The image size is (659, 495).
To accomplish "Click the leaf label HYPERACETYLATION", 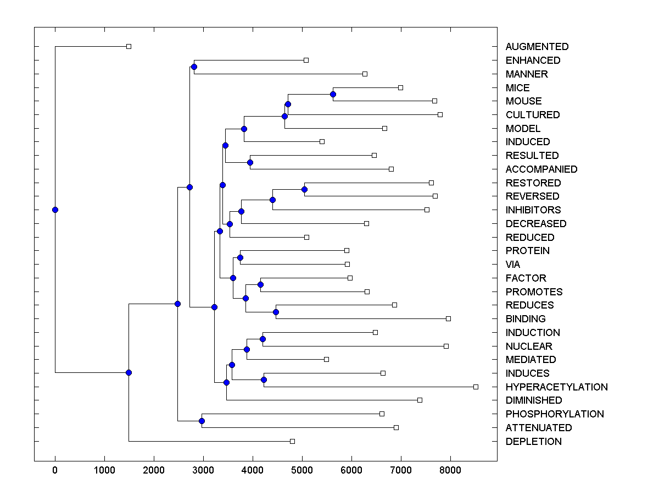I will click(x=556, y=387).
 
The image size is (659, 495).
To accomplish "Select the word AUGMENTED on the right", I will click(x=537, y=47).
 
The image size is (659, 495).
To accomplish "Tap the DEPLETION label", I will click(x=533, y=441).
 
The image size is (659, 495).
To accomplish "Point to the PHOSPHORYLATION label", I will click(x=554, y=414).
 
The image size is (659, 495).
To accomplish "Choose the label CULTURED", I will click(x=532, y=114).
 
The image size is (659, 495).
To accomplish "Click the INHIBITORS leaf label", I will click(x=533, y=210).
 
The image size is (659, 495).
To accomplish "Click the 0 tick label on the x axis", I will click(x=55, y=469).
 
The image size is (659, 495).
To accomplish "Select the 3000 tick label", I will click(x=203, y=469).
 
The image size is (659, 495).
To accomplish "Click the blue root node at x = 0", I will click(x=55, y=210).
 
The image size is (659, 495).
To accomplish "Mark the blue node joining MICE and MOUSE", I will click(x=333, y=94).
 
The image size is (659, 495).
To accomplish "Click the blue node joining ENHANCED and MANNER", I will click(x=194, y=67).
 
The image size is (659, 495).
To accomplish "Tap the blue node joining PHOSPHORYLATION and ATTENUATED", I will click(x=202, y=421).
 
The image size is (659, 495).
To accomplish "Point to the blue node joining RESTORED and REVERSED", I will click(x=305, y=189).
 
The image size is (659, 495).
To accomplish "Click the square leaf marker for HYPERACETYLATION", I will click(x=476, y=387).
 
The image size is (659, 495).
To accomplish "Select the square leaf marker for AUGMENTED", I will click(x=129, y=46).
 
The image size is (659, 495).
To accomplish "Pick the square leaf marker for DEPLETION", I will click(x=292, y=441).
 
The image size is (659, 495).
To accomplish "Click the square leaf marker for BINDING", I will click(x=448, y=318).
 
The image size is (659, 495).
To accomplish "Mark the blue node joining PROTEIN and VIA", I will click(x=240, y=257).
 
